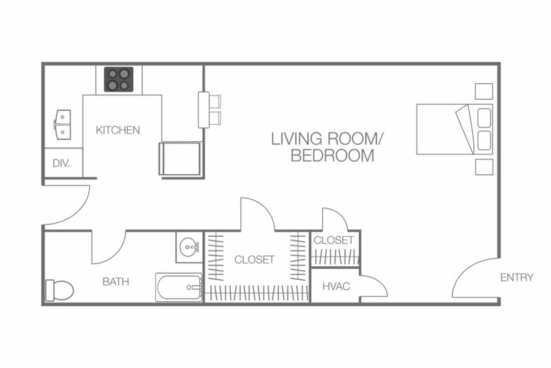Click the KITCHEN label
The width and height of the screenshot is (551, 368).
click(118, 130)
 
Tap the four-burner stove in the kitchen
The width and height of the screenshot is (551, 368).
click(119, 79)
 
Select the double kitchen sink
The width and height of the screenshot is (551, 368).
click(62, 123)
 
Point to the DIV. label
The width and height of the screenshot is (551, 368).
click(61, 163)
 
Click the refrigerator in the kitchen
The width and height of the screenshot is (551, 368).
click(180, 158)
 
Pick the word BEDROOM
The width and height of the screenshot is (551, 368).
click(332, 156)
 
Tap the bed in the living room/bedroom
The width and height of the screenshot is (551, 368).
click(455, 129)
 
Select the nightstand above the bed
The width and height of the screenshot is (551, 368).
click(484, 92)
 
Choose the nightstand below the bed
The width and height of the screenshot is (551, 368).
click(484, 167)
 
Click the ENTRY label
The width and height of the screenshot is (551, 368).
click(517, 278)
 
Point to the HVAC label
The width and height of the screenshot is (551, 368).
click(336, 286)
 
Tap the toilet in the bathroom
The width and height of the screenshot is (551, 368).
click(60, 290)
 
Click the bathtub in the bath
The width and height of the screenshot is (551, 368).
click(179, 287)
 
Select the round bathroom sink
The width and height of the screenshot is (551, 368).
click(189, 247)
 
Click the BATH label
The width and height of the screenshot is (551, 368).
click(116, 282)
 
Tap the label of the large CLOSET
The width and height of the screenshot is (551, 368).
click(254, 260)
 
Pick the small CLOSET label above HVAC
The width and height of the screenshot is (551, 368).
click(333, 241)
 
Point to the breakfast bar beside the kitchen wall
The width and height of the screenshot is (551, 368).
click(204, 110)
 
